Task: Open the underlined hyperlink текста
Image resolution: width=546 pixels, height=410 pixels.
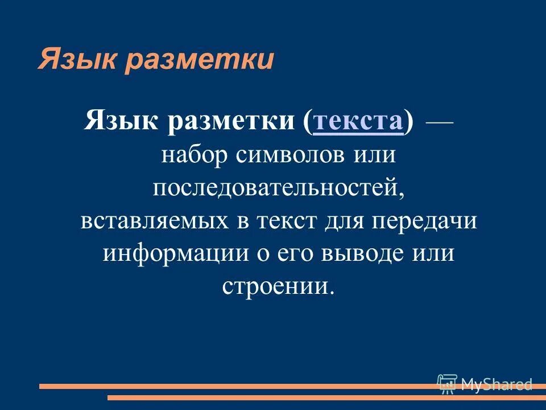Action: [x=358, y=121]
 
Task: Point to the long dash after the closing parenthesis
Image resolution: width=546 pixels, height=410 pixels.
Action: [x=439, y=121]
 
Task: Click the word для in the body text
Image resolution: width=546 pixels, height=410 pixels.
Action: [x=344, y=220]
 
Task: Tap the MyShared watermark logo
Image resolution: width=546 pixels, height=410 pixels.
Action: [x=485, y=384]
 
